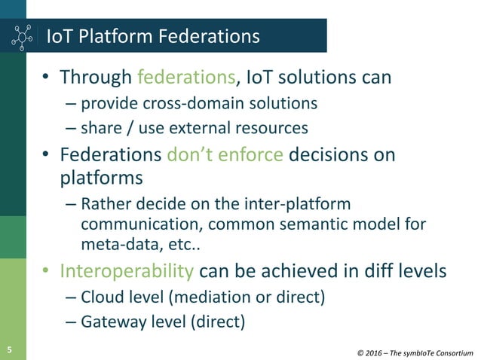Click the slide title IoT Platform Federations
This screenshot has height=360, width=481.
point(153,36)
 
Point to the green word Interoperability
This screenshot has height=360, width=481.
point(127,270)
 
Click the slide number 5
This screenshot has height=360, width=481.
point(10,349)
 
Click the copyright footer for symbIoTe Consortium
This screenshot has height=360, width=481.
point(415,351)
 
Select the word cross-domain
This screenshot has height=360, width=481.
point(188,102)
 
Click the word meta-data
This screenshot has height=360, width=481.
point(115,245)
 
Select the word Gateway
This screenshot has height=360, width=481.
point(110,322)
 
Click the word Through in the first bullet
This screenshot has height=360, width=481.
point(97,77)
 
